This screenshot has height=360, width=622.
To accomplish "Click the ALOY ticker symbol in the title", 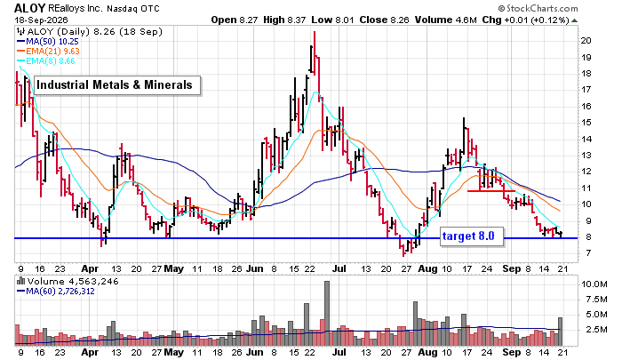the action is click(29, 8).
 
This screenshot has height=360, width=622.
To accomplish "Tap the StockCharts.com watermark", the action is click(538, 8).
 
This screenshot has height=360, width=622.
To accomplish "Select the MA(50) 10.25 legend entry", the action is click(48, 41).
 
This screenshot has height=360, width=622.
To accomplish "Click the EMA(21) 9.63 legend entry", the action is click(48, 52).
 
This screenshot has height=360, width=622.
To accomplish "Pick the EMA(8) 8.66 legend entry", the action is click(45, 61).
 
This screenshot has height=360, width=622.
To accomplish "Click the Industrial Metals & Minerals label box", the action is click(117, 85).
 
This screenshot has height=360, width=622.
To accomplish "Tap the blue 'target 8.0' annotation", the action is click(472, 236).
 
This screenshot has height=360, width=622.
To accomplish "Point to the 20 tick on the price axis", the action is click(586, 41).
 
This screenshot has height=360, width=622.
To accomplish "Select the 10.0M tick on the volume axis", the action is click(594, 284).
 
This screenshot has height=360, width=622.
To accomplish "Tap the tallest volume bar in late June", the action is click(327, 313).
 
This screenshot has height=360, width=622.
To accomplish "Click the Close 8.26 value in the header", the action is click(384, 20).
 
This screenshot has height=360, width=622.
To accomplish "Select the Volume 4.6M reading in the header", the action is click(446, 20).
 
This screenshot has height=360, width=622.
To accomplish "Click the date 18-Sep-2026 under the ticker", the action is click(41, 20).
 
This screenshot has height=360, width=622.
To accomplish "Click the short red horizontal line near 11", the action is click(491, 191).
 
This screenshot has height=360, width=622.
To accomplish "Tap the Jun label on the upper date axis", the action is click(255, 268).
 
